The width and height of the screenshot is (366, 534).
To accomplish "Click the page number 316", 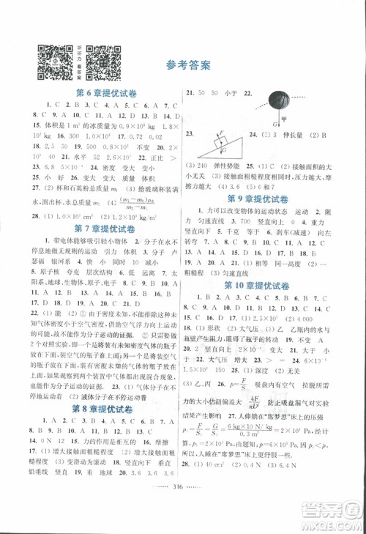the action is click(x=182, y=511).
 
